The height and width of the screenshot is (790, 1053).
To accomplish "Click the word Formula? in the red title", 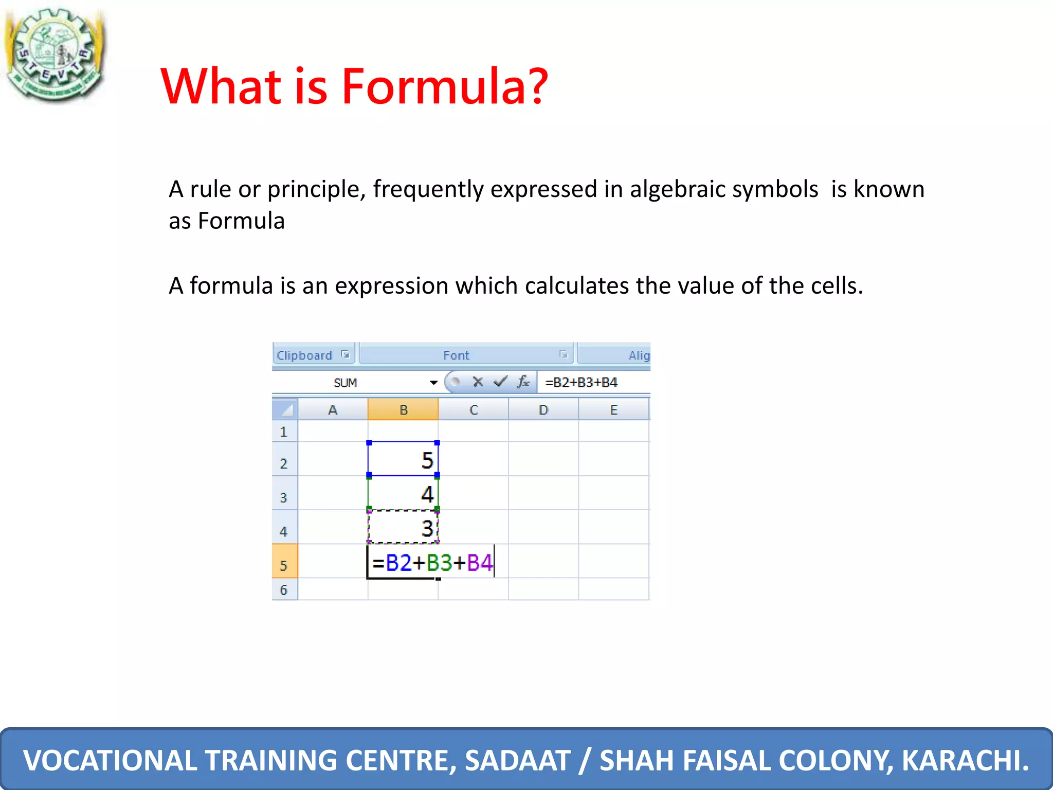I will [x=445, y=86].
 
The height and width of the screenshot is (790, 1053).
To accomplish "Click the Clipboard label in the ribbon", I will [x=304, y=355].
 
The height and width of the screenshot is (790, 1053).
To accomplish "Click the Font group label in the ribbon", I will [x=456, y=355].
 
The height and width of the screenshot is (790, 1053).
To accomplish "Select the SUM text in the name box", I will [x=345, y=383].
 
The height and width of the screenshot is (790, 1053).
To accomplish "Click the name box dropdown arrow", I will [x=433, y=383].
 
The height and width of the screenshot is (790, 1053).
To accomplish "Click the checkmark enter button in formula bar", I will [x=500, y=382].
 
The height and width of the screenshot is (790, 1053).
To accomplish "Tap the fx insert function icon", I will [x=523, y=382].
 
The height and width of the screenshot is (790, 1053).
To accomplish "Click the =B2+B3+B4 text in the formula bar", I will [x=581, y=383].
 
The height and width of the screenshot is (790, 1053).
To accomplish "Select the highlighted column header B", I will [x=403, y=410].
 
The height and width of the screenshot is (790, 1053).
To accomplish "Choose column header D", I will [x=543, y=410].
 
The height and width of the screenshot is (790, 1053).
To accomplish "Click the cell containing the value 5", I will [x=403, y=459].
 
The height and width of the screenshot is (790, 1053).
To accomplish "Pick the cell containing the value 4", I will [x=403, y=494].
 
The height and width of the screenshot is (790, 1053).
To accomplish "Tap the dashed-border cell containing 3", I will [x=403, y=528].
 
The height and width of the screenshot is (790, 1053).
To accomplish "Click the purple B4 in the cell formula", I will [x=480, y=563].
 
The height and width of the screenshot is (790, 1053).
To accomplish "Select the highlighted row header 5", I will [x=284, y=565].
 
